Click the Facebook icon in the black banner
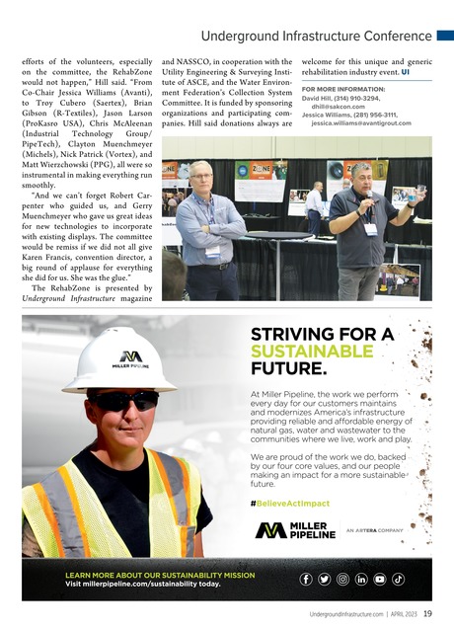point(307,579)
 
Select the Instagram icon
point(342,579)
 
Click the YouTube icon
point(379,579)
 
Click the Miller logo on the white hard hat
point(130,356)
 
